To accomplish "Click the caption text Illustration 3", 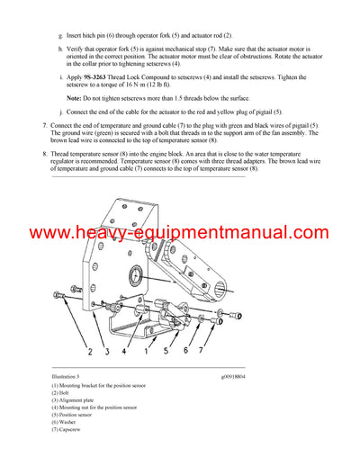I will click(x=68, y=376).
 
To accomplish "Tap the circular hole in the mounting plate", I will click(x=135, y=272).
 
